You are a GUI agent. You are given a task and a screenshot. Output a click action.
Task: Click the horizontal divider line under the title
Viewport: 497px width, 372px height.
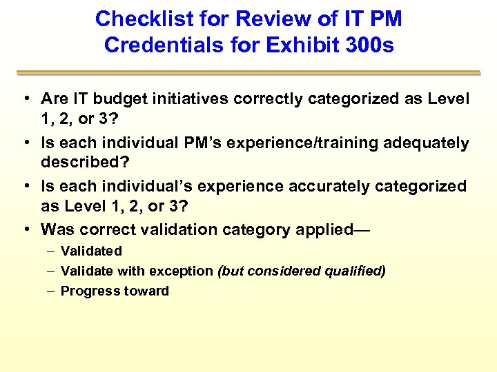[x=248, y=72]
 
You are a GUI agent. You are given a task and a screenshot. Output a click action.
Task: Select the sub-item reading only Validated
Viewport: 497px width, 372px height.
[x=91, y=251]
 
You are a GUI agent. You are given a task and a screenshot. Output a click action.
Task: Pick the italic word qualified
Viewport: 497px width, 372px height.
[x=358, y=271]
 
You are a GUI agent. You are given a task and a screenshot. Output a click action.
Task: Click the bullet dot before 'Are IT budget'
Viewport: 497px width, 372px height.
[x=25, y=99]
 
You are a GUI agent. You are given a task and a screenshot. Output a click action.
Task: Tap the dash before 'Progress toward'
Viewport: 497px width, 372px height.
[x=49, y=291]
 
